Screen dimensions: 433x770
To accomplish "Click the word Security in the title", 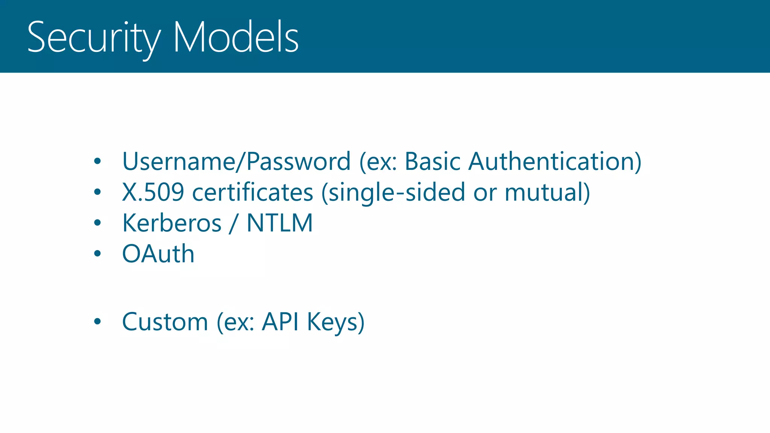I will point(94,38).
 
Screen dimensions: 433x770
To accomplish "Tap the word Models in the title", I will point(236,38).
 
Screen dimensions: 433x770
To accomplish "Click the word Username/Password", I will point(236,162).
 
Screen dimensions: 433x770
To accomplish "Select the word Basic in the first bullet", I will point(432,162).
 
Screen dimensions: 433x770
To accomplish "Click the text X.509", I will point(153,192).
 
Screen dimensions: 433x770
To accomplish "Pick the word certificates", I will point(253,192).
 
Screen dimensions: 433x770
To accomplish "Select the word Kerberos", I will point(172,223).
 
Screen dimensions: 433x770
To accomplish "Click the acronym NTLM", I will point(280,223).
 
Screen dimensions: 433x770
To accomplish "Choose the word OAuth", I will point(158,254).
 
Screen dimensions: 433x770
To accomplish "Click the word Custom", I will point(165,322).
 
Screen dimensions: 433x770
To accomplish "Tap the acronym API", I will point(280,322).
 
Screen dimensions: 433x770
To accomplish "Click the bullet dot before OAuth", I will point(97,254).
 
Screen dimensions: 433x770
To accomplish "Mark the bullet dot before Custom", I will point(97,322).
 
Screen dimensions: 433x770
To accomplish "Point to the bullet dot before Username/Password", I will point(97,162).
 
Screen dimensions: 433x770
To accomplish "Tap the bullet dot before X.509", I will point(97,192).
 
